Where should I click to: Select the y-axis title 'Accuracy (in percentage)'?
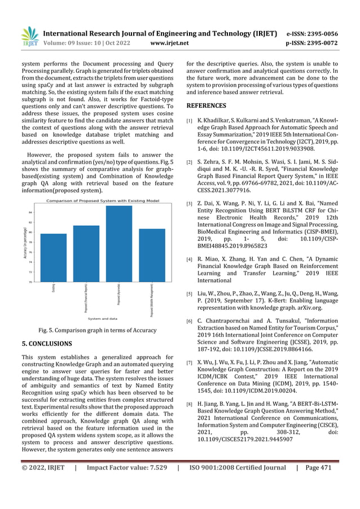[26, 243]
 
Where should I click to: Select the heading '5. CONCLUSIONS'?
[47, 343]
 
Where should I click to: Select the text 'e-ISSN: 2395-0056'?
[320, 33]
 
